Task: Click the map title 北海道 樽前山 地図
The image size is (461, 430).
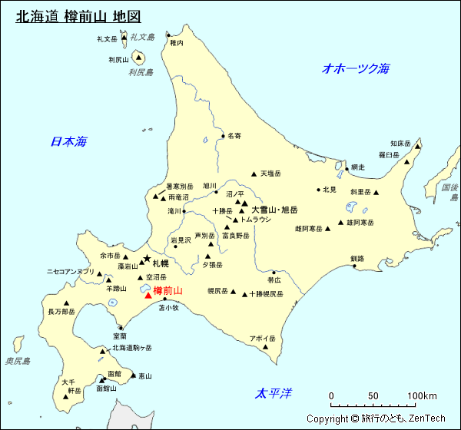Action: click(x=78, y=15)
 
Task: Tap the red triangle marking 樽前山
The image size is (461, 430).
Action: click(x=148, y=293)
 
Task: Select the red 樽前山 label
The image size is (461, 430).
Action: click(x=168, y=291)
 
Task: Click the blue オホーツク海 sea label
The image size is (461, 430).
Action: click(x=356, y=68)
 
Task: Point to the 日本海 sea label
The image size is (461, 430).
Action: click(x=68, y=141)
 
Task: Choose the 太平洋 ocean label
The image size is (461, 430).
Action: click(x=274, y=394)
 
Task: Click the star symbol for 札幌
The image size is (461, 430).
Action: click(x=147, y=259)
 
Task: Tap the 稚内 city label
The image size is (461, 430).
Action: click(x=177, y=43)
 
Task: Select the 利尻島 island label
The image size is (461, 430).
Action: click(x=141, y=73)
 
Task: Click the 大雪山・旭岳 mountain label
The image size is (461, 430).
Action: click(x=274, y=210)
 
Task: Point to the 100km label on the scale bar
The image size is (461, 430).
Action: click(x=422, y=396)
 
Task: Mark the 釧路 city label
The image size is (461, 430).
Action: click(x=357, y=258)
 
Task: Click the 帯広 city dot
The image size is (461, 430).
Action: click(x=274, y=272)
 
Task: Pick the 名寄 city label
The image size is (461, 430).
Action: click(x=234, y=135)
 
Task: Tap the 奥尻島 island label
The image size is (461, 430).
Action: click(x=18, y=361)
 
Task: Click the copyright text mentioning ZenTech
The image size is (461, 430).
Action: click(x=376, y=418)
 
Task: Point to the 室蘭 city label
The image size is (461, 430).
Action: click(x=119, y=336)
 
